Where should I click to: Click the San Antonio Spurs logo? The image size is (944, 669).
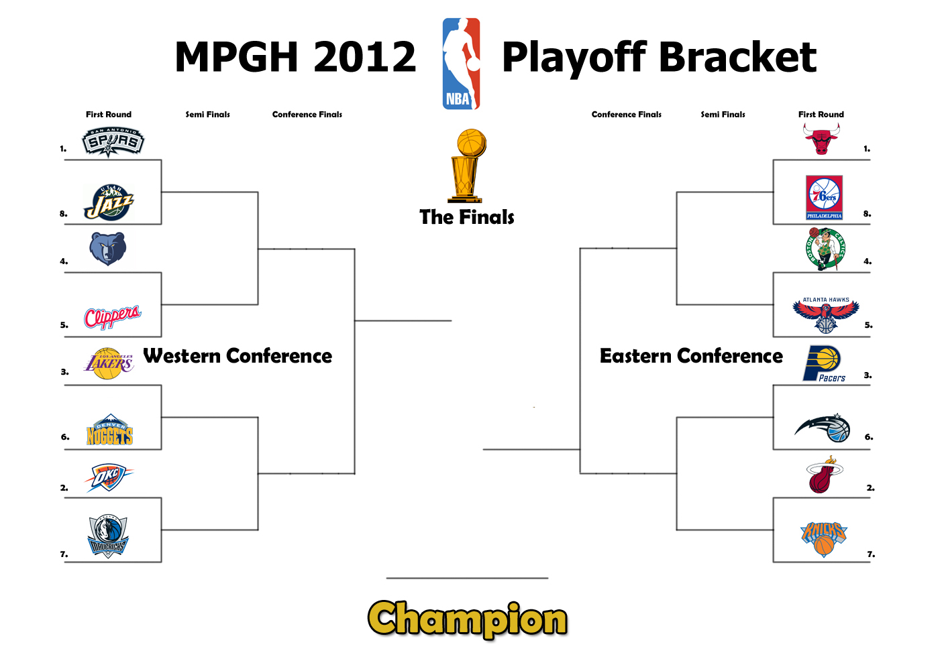click(x=113, y=142)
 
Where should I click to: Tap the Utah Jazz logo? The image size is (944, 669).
click(x=109, y=202)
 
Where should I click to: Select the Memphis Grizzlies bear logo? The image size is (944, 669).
click(x=108, y=249)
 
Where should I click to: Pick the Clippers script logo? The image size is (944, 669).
click(x=113, y=317)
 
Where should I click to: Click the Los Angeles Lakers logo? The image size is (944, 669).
click(x=109, y=363)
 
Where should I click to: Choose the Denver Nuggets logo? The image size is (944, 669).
click(x=109, y=430)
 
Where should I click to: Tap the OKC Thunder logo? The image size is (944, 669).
click(x=109, y=478)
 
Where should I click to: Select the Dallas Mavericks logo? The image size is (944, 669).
click(x=107, y=536)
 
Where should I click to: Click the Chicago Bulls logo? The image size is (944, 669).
click(x=821, y=139)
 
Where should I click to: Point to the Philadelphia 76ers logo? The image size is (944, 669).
click(x=825, y=198)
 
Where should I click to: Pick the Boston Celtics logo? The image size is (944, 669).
click(x=825, y=249)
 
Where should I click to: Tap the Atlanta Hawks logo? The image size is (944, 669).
click(x=826, y=315)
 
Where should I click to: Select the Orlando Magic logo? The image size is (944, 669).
click(x=823, y=428)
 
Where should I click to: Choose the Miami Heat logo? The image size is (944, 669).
click(x=824, y=475)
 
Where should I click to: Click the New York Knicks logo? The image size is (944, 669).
click(x=824, y=539)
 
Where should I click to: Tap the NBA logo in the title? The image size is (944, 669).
click(x=462, y=64)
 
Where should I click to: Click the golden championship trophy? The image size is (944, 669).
click(x=467, y=166)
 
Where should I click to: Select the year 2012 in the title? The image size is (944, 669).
click(x=365, y=57)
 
